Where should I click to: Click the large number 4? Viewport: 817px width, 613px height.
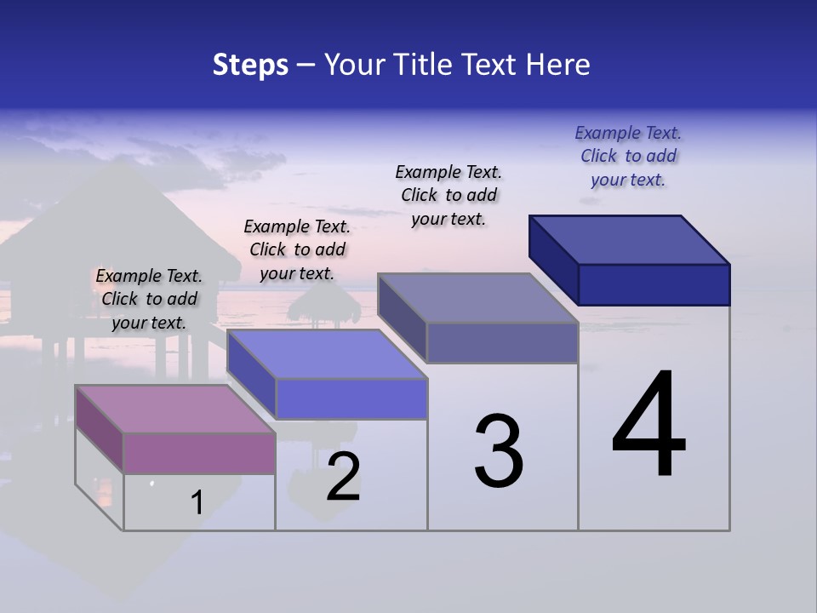pos(648,425)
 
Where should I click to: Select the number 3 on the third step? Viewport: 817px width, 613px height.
pos(498,451)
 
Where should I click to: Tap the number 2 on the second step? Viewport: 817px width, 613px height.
pos(343,477)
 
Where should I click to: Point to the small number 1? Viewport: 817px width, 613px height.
pos(197,502)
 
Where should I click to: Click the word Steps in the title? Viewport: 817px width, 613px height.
pos(250,65)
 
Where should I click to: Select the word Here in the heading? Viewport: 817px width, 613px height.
pos(559,65)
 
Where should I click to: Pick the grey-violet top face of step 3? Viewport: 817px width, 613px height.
pos(477,298)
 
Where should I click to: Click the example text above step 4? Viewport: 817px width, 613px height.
pos(628,156)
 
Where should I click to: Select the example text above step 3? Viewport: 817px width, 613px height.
pos(448,195)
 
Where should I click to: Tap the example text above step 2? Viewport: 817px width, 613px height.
pos(297,249)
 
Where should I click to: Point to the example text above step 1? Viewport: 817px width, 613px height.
pos(149,299)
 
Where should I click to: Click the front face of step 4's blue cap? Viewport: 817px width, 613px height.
pos(654,284)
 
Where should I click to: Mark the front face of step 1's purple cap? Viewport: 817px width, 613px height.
pos(199,453)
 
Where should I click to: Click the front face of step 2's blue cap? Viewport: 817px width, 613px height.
pos(351,398)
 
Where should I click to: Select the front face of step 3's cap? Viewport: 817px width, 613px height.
pos(502,343)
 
